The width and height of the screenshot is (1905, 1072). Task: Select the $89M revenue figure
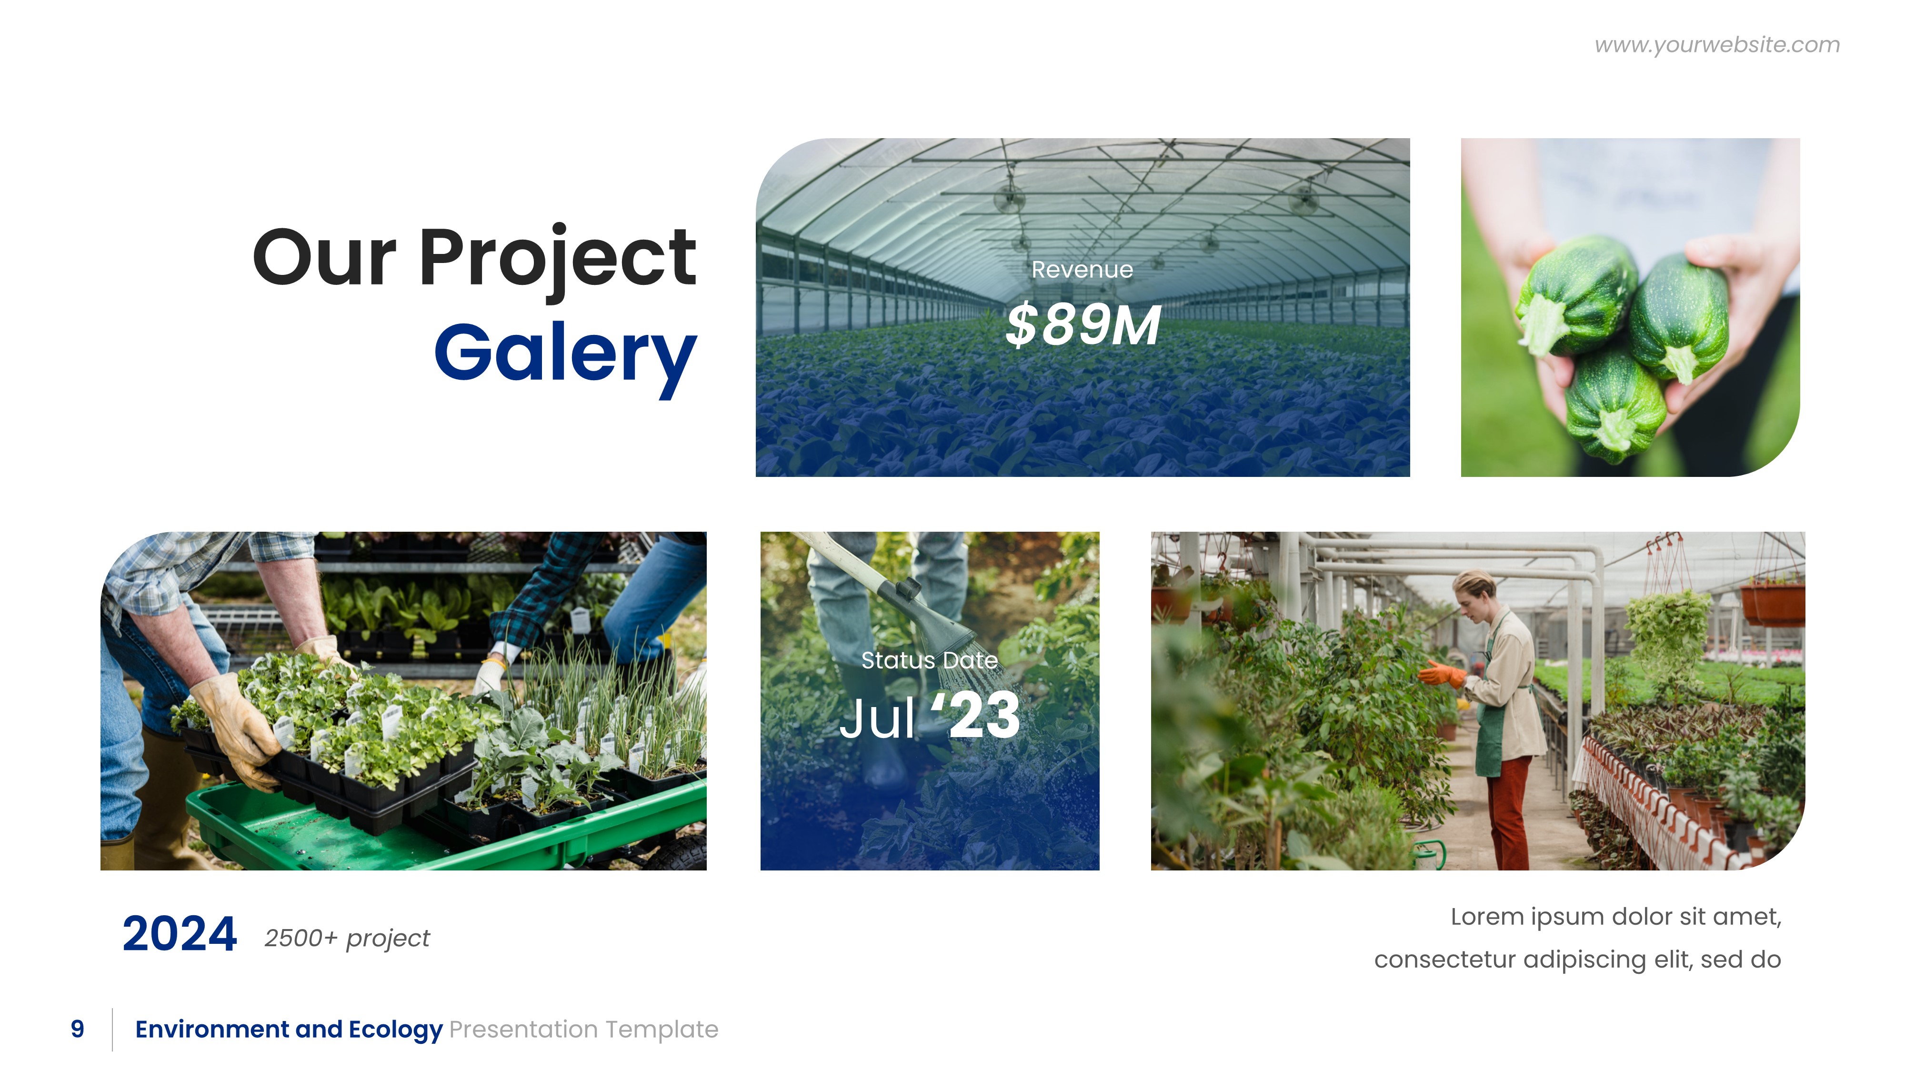(1083, 325)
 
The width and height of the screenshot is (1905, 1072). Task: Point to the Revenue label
(1082, 270)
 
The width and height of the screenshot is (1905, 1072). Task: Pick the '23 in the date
(976, 716)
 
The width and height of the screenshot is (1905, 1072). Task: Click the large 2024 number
(179, 934)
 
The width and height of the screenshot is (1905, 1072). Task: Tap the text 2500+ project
(347, 938)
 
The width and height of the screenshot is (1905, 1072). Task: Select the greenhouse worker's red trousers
(1509, 810)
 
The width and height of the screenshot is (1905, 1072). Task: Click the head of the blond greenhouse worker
(1474, 587)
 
